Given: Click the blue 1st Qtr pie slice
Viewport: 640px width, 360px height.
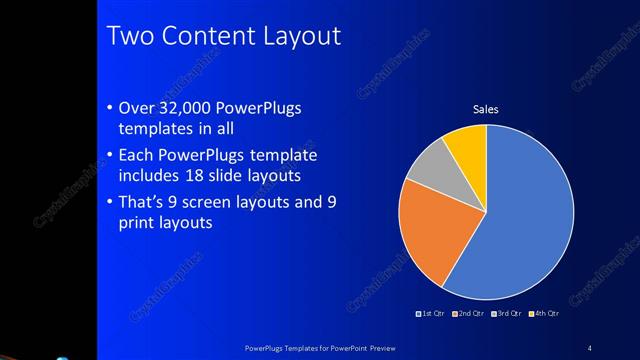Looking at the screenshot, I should tap(525, 215).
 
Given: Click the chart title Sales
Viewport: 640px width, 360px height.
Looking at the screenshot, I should tap(485, 110).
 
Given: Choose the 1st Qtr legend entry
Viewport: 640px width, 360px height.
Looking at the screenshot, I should tap(433, 315).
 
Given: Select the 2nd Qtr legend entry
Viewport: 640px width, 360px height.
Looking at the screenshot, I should tap(470, 315).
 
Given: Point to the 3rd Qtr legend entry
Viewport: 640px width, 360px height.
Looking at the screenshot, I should tap(507, 315).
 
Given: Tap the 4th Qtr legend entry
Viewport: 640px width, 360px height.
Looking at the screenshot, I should tap(544, 315).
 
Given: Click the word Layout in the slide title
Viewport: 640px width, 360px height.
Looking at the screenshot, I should tap(300, 37).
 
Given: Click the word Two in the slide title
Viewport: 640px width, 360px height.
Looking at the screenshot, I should tap(129, 37).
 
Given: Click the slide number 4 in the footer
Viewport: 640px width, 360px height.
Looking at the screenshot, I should tap(589, 348).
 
